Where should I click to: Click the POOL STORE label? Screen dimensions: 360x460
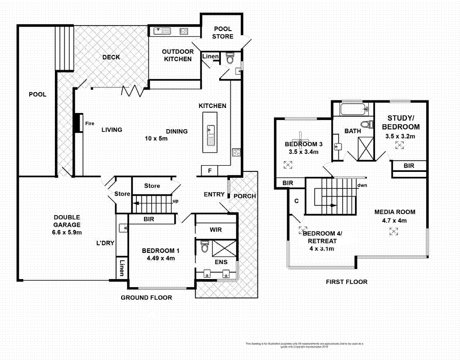point(223,32)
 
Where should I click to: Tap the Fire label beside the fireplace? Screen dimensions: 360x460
point(90,123)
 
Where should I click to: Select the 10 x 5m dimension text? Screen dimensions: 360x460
point(156,138)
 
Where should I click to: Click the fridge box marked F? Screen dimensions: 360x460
point(209,171)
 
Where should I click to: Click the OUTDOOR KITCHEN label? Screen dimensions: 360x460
point(178,55)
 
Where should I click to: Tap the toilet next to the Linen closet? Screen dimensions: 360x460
point(230,58)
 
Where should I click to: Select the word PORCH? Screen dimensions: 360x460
point(245,196)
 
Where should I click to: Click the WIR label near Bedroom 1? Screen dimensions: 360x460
point(216,229)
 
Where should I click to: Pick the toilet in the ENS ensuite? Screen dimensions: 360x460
point(204,247)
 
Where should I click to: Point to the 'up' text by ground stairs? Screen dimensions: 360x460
point(176,201)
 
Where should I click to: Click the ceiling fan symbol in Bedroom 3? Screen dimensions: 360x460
point(300,138)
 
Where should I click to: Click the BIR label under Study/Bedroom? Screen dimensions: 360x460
point(409,166)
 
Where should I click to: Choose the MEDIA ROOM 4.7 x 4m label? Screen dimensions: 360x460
point(395,216)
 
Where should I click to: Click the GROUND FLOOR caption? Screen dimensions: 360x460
point(146,297)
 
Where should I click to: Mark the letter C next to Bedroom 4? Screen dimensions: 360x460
point(296,201)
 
